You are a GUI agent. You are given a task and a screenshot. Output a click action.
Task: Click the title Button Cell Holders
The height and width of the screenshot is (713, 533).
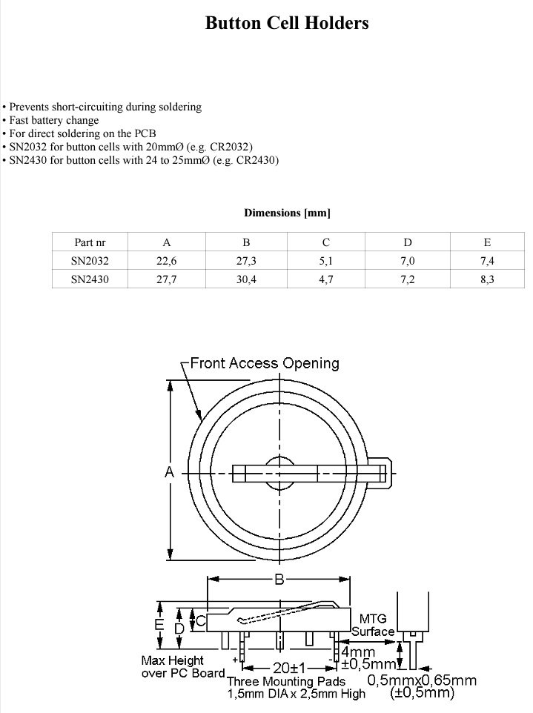pos(287,24)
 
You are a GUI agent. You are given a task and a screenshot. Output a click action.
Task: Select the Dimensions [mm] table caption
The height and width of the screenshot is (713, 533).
pos(287,213)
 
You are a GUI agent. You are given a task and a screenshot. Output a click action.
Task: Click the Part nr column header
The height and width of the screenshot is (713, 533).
pos(90,242)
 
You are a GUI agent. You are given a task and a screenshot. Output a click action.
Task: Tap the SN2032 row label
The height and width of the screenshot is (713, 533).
pos(90,261)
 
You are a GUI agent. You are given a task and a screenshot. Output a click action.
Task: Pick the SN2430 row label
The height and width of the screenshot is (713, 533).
pos(90,279)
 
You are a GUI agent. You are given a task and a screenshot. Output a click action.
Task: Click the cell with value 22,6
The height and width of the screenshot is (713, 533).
pos(167,261)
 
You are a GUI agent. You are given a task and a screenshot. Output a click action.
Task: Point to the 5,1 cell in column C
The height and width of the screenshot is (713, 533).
pos(326,261)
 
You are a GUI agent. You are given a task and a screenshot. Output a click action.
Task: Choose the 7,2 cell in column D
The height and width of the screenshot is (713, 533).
pos(407,279)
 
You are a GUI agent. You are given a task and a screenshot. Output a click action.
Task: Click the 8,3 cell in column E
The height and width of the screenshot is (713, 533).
pos(487,279)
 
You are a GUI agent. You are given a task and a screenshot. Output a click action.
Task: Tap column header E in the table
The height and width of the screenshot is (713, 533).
pos(487,242)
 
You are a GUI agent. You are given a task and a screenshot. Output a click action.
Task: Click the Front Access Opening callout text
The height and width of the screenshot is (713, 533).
pos(265,363)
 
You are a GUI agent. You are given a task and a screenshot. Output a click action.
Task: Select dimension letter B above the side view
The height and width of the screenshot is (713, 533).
pos(279,580)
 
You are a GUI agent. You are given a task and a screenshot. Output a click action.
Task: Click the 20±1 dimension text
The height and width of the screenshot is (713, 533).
pos(285,668)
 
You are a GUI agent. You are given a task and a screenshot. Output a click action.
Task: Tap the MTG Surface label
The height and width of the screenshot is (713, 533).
pos(372,625)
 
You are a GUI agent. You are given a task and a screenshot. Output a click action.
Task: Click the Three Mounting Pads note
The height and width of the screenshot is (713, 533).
pos(286,681)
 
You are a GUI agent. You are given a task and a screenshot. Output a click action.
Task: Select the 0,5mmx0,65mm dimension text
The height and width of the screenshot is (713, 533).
pos(422,680)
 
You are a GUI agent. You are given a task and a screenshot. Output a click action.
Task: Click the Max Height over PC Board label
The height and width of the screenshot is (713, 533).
pos(182,666)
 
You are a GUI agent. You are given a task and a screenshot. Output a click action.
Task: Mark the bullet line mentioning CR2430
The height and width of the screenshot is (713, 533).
pos(141,160)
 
